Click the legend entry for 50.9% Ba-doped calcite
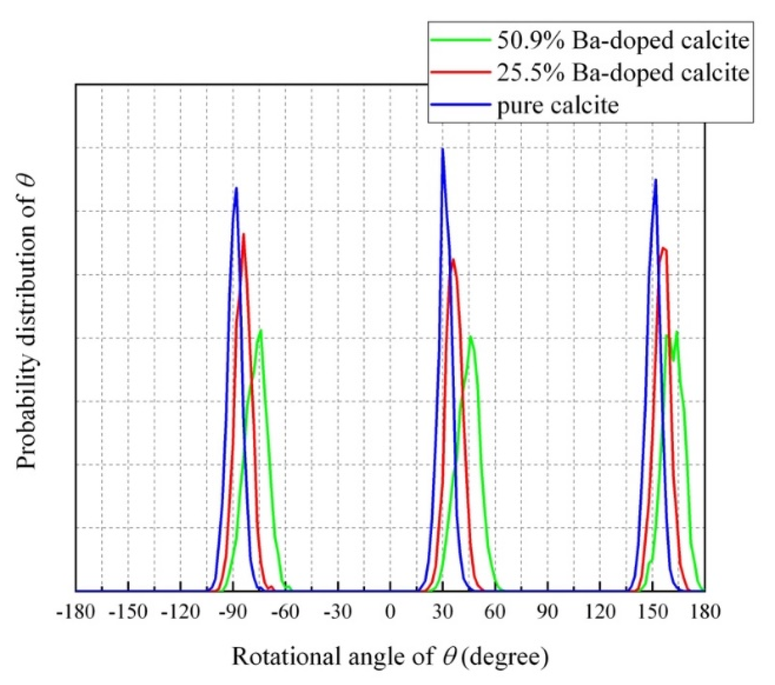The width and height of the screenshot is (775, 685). [x=622, y=41]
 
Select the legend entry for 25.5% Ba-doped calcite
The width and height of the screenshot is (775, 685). [x=622, y=73]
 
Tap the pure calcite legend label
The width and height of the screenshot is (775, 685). [x=558, y=105]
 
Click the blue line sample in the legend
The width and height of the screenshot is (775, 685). [x=460, y=105]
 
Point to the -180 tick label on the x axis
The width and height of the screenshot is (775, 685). [x=75, y=612]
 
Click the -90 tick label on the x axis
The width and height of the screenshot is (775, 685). [x=233, y=612]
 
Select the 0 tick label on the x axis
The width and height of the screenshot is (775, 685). [x=390, y=612]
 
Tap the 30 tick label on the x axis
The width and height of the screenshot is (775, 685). [x=443, y=612]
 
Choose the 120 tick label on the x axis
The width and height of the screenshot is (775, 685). [x=600, y=612]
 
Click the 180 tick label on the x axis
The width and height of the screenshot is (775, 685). [x=705, y=612]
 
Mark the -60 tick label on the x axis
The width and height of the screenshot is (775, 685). [x=285, y=612]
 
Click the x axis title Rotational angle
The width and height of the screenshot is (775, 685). [x=390, y=657]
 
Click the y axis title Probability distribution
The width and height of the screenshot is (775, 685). [x=27, y=321]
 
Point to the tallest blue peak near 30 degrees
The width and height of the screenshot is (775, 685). [x=443, y=149]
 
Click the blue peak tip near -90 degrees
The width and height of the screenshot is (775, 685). [x=236, y=188]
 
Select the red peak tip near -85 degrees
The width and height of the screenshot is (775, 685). [x=244, y=235]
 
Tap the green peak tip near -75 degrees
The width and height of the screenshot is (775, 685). [x=260, y=331]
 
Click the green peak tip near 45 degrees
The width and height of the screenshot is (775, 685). [x=470, y=337]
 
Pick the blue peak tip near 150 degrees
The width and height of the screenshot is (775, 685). [x=656, y=180]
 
